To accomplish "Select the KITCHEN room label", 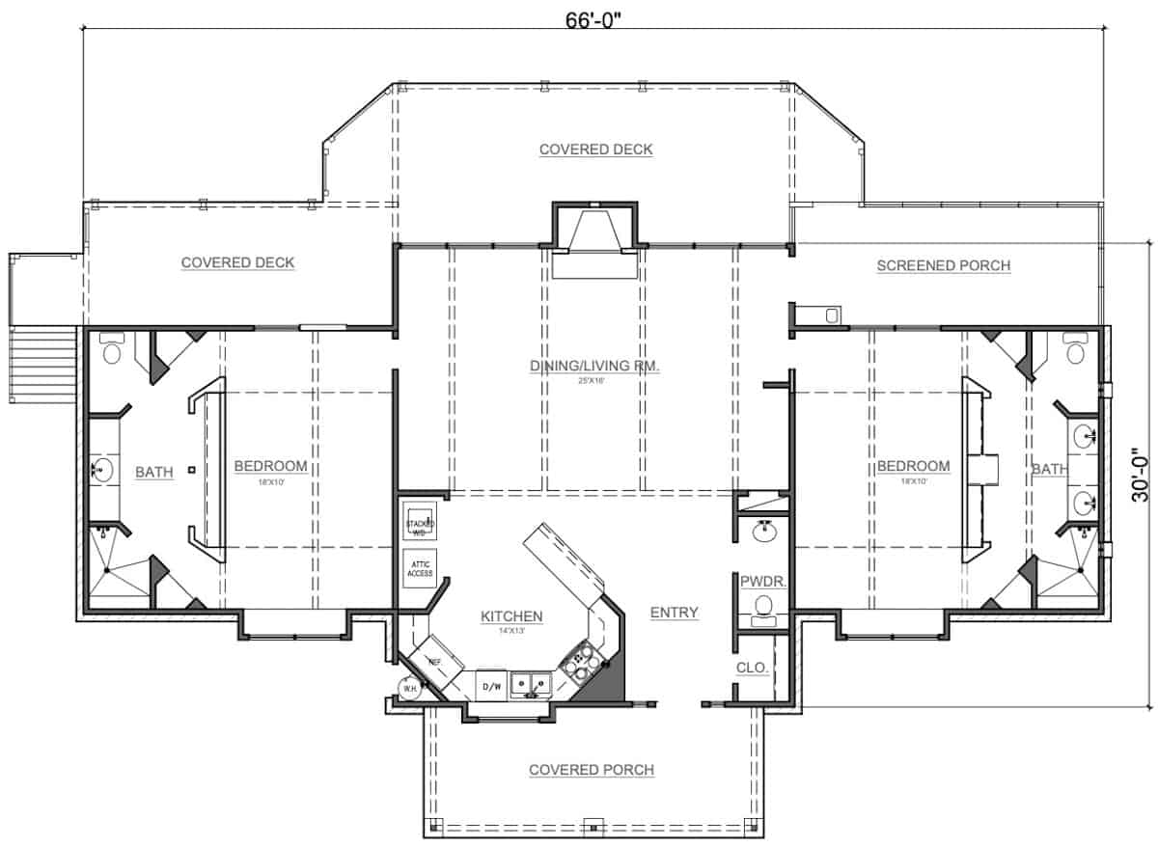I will click(x=511, y=615).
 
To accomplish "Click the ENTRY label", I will click(x=674, y=613).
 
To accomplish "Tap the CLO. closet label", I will click(x=753, y=667).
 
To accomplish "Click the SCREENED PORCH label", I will click(x=943, y=265).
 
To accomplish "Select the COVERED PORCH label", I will click(x=591, y=770).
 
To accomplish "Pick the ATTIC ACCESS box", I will click(x=420, y=567).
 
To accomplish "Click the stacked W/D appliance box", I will click(x=420, y=521).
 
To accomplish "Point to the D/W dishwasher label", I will click(x=490, y=686).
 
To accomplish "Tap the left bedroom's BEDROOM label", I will click(x=271, y=467).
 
